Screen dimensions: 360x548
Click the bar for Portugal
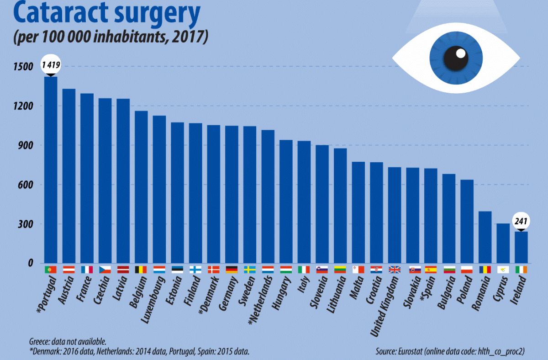(51, 169)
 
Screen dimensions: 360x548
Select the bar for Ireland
(521, 247)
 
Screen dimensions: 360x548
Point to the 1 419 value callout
(51, 65)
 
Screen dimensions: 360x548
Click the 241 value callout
(521, 222)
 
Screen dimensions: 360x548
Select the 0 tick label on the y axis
(31, 263)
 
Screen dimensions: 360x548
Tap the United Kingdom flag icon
(395, 270)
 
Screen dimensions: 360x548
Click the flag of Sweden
(250, 270)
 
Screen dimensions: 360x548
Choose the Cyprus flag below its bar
(503, 270)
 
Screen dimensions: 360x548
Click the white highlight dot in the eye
(461, 53)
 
